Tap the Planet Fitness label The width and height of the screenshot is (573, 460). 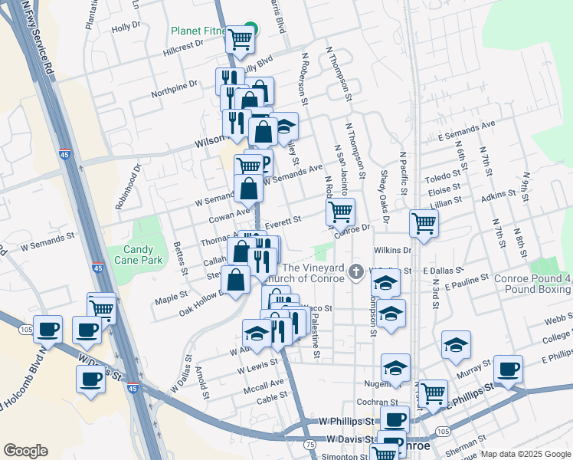(x=198, y=31)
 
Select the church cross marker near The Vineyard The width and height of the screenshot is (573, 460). (x=355, y=271)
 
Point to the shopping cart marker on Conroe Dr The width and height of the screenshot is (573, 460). (x=340, y=211)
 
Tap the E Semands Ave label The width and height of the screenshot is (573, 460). (x=467, y=129)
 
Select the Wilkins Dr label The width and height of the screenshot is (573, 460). (x=393, y=250)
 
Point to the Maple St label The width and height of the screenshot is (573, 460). (x=172, y=296)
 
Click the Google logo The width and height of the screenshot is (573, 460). (x=25, y=451)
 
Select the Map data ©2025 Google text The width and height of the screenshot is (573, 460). (x=526, y=454)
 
